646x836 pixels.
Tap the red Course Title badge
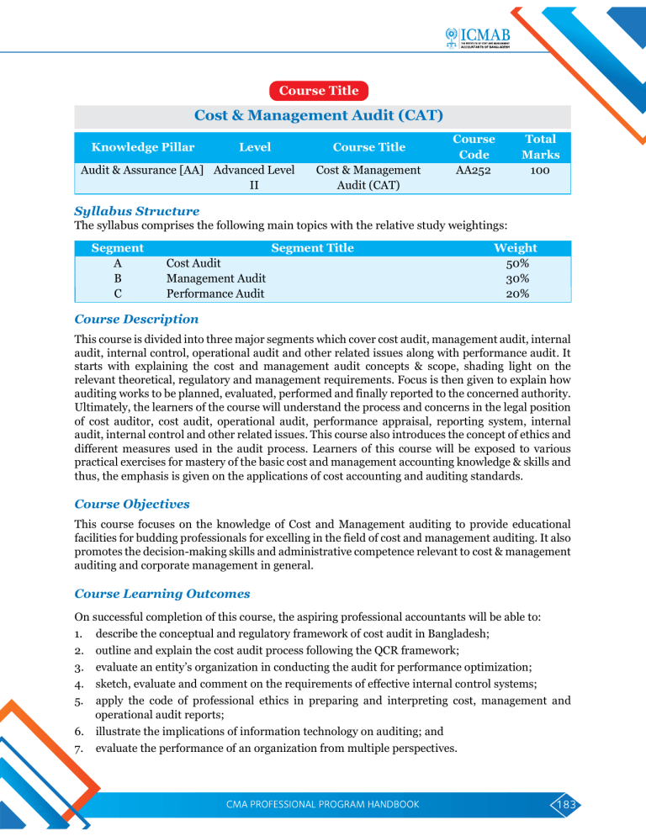319,90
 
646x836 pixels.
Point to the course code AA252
474,170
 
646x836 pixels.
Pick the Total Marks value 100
540,170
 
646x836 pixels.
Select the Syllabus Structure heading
137,211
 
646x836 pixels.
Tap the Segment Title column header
312,248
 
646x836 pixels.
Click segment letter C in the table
117,294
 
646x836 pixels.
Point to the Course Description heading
137,320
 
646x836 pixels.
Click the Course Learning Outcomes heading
162,594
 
